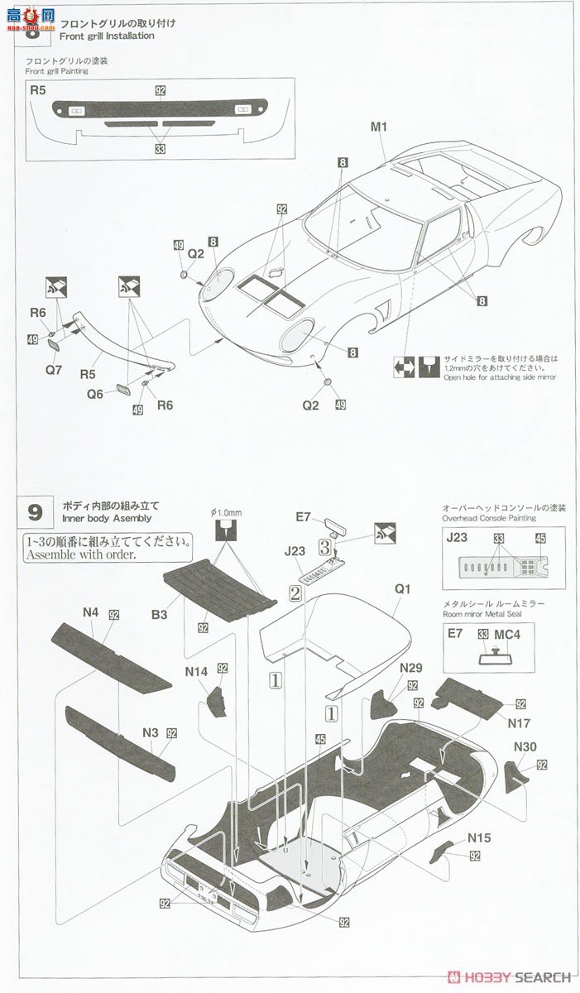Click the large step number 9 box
point(35,511)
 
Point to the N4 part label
point(90,612)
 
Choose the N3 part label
point(150,732)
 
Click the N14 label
point(196,673)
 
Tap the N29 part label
point(411,668)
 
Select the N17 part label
point(520,722)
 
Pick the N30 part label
point(525,746)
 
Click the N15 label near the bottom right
point(478,837)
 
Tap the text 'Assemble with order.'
point(80,555)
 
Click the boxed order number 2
point(294,592)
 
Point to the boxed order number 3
point(326,547)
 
